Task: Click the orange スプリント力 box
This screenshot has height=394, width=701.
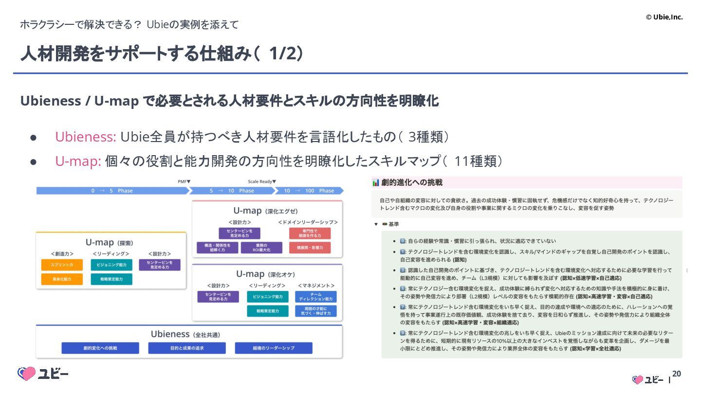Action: click(62, 265)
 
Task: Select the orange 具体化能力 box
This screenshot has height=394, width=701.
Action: click(62, 279)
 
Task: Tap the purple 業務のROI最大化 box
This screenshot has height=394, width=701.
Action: click(261, 248)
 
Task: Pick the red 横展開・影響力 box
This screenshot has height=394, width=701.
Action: click(310, 248)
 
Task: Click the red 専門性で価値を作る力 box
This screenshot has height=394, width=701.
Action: click(310, 233)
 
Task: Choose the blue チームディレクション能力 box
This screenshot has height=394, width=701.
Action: click(315, 297)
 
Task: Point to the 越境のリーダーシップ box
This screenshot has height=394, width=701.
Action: click(274, 348)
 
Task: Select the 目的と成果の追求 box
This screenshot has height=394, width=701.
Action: click(187, 348)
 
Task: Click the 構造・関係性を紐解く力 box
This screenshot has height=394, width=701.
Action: click(218, 248)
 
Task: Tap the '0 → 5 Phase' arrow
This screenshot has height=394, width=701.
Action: click(112, 191)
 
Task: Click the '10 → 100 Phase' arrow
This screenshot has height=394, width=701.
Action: click(309, 191)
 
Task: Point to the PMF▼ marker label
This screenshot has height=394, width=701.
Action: click(184, 181)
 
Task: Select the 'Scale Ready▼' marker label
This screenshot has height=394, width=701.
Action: click(262, 181)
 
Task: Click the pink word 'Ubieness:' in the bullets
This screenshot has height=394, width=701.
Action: click(85, 137)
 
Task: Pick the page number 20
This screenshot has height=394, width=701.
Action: click(677, 374)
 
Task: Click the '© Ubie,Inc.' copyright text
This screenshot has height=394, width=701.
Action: click(664, 17)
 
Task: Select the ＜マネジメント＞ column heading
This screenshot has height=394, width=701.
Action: click(315, 286)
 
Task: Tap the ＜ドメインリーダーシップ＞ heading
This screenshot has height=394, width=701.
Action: click(308, 222)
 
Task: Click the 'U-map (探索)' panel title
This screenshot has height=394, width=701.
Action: click(110, 242)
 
